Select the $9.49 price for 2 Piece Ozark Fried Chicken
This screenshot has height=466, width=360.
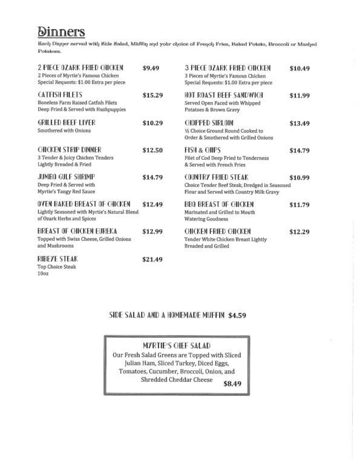click(151, 68)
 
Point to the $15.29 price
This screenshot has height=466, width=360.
click(152, 96)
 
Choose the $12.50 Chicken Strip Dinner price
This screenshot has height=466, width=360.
click(152, 150)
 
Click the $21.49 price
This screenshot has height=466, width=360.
click(152, 260)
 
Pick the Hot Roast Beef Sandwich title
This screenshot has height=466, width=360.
click(224, 95)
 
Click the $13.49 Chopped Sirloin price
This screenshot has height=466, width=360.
click(299, 123)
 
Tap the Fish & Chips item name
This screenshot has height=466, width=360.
click(203, 149)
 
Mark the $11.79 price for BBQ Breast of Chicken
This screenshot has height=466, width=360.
click(299, 205)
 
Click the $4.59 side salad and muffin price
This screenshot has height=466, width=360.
click(237, 315)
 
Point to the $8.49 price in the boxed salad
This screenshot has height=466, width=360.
click(232, 383)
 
